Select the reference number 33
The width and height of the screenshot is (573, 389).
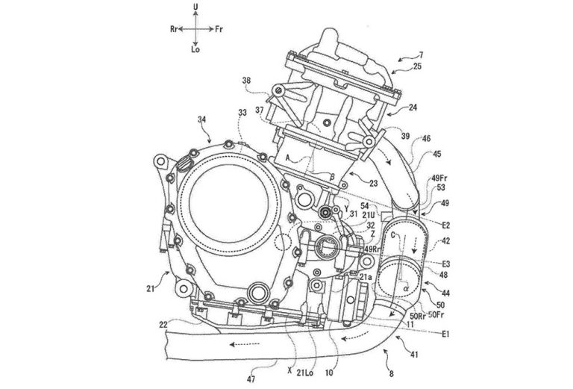click(x=241, y=113)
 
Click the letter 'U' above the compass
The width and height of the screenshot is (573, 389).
click(x=195, y=6)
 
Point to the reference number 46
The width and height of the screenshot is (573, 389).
click(x=425, y=139)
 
